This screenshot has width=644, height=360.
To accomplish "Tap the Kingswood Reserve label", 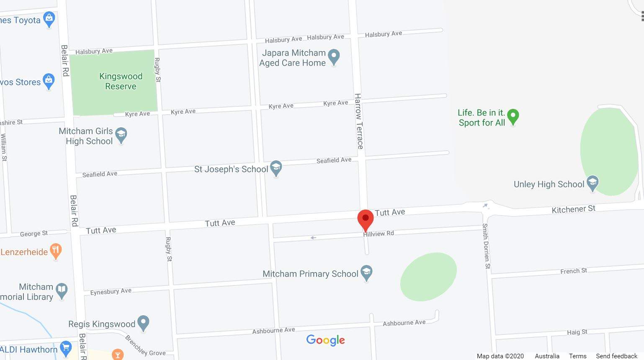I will coord(121,81).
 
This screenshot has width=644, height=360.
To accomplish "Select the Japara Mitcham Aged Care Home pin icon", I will coord(334,57).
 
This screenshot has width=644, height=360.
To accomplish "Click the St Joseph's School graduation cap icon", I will coord(276,168).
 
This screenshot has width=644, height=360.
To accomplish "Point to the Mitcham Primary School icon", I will coord(366,273).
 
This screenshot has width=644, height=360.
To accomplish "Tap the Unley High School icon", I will coord(592,183).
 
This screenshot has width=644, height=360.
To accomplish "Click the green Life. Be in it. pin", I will coord(513,117).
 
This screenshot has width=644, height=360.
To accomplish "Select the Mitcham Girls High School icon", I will coord(121,135).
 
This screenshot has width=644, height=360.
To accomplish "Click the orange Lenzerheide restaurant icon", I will coord(56,251).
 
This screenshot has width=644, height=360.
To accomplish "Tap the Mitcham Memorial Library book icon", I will coord(62,291).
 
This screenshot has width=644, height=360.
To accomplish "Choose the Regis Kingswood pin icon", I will coord(143,323).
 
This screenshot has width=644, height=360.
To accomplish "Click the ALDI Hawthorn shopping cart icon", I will coord(66,349).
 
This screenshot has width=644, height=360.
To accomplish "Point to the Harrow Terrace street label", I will coord(358,121).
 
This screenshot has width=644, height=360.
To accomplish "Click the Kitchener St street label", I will coord(573,209).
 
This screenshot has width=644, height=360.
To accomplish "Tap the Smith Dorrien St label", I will coord(486,246).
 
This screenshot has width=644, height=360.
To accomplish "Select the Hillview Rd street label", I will coord(379,234).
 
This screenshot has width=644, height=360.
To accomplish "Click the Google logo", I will coord(325,340).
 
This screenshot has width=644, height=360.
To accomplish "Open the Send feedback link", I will coord(616,356).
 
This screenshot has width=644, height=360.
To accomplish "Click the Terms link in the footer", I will coord(577,356).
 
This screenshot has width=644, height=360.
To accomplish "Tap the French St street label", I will coord(573,271).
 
